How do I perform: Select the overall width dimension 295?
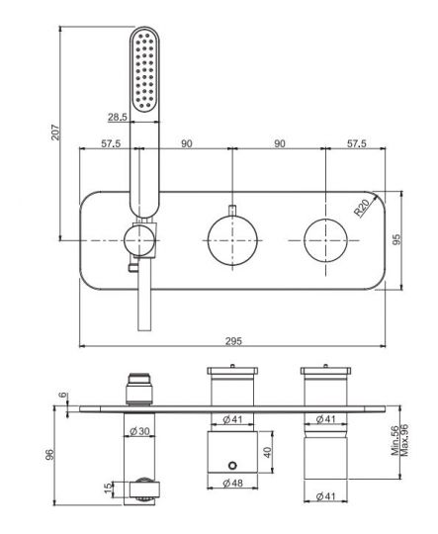[x=233, y=340]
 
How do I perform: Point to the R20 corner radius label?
[x=363, y=209]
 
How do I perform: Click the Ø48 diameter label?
[x=233, y=484]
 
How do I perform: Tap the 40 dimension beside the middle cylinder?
[x=267, y=451]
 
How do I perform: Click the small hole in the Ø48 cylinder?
[x=233, y=465]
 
